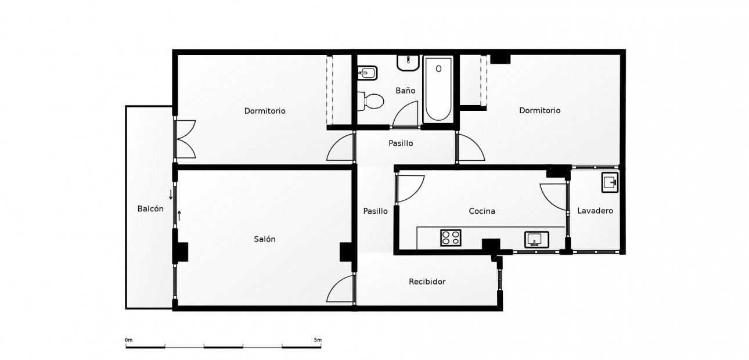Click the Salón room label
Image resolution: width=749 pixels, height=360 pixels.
pos(265,239)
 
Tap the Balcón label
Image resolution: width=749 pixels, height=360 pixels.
pos(150,209)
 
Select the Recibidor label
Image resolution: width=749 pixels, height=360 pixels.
pos(427,282)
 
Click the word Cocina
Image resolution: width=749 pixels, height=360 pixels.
pos(482,211)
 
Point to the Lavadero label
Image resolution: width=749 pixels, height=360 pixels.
pos(595,211)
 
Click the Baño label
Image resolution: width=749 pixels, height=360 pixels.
pos(405,91)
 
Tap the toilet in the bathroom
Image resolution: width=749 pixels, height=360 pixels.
pos(371,102)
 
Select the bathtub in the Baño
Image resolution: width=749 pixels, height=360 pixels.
pos(438,89)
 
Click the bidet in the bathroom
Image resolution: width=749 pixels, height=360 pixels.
pos(368,73)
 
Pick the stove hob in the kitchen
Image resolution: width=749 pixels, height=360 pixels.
pos(451,237)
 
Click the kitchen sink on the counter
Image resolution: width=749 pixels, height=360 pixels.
pos(535,239)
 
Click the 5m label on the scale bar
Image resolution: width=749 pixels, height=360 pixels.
pos(317,340)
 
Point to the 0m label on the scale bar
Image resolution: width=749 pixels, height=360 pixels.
pos(128,340)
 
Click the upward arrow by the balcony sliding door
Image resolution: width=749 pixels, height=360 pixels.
pos(179,215)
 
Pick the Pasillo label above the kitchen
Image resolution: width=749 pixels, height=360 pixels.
pos(401,143)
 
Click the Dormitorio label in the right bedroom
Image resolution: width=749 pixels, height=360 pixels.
pos(539,110)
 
